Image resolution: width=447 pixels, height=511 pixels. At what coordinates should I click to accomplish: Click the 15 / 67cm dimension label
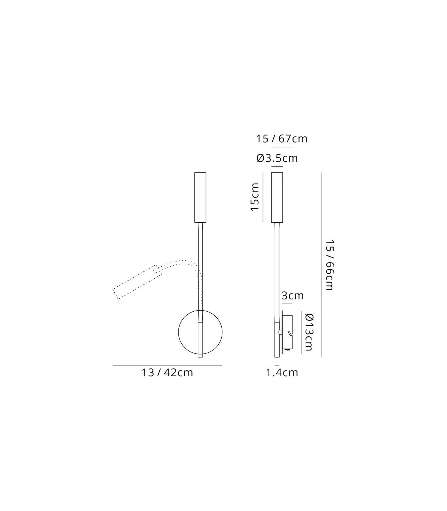pyautogui.click(x=282, y=139)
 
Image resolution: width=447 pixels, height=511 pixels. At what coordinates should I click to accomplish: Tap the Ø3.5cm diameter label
pyautogui.click(x=277, y=158)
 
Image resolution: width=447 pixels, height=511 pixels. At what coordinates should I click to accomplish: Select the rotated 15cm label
pyautogui.click(x=255, y=197)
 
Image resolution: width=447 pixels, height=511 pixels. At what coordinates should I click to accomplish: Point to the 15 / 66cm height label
pyautogui.click(x=329, y=265)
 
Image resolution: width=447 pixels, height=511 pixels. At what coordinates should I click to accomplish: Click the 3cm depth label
pyautogui.click(x=292, y=296)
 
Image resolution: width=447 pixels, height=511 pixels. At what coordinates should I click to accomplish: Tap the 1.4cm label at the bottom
pyautogui.click(x=282, y=373)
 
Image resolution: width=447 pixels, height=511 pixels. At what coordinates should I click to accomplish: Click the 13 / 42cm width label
pyautogui.click(x=167, y=373)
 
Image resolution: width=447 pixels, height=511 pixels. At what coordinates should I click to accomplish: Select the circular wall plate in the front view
pyautogui.click(x=178, y=332)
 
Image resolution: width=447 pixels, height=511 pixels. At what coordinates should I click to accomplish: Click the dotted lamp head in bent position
pyautogui.click(x=137, y=282)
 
